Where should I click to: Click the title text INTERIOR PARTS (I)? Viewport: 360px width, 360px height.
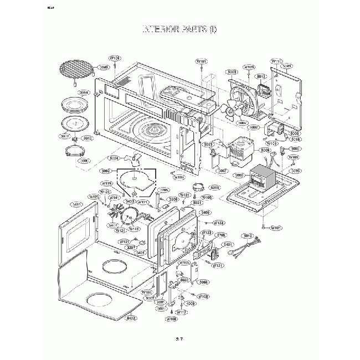coord(180,28)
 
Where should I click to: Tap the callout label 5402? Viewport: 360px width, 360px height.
coord(131,318)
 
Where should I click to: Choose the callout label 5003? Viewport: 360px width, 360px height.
coord(233,71)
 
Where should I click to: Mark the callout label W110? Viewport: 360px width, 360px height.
coord(276,61)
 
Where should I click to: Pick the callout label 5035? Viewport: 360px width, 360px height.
coord(295,171)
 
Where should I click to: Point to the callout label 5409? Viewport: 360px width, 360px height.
coord(205,212)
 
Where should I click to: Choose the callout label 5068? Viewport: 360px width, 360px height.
coord(204,282)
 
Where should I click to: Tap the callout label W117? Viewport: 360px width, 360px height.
coord(181,312)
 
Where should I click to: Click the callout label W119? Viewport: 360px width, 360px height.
coord(107,183)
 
